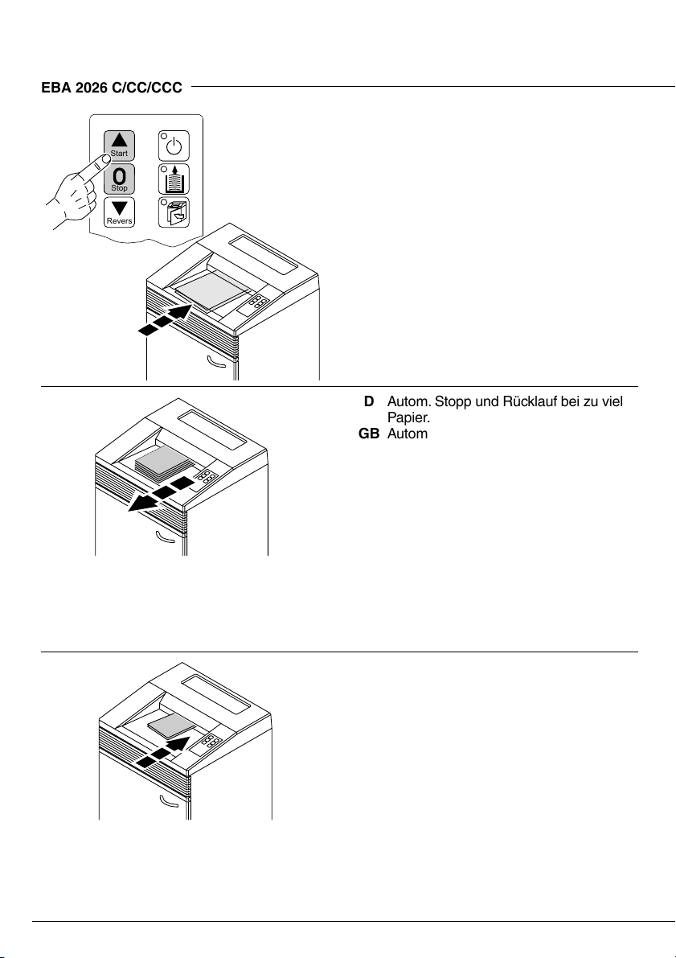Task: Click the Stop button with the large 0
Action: tap(119, 178)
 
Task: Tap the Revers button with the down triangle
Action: tap(119, 212)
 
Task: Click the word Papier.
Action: tap(408, 417)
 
